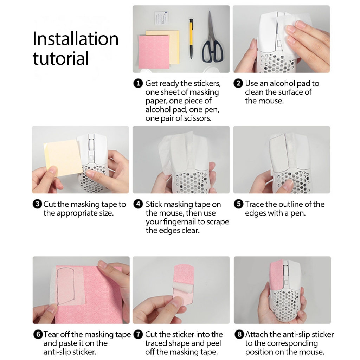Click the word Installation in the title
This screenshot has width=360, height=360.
pyautogui.click(x=76, y=38)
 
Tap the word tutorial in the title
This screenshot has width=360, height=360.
pyautogui.click(x=61, y=58)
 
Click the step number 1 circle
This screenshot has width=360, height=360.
pyautogui.click(x=138, y=83)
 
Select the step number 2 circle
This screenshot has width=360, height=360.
pyautogui.click(x=238, y=83)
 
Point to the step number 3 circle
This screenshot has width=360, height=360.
pyautogui.click(x=37, y=204)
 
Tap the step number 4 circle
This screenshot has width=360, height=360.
pyautogui.click(x=138, y=204)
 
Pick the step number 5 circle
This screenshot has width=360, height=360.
pyautogui.click(x=239, y=204)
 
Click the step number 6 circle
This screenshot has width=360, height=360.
pyautogui.click(x=38, y=334)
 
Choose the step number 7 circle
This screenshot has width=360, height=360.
pyautogui.click(x=138, y=334)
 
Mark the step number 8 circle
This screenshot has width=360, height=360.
pyautogui.click(x=239, y=334)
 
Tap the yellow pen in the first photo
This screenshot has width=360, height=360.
pyautogui.click(x=191, y=38)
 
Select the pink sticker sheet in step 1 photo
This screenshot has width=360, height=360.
pyautogui.click(x=155, y=51)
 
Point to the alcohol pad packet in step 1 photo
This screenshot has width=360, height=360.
pyautogui.click(x=162, y=19)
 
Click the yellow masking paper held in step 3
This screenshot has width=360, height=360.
pyautogui.click(x=63, y=157)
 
